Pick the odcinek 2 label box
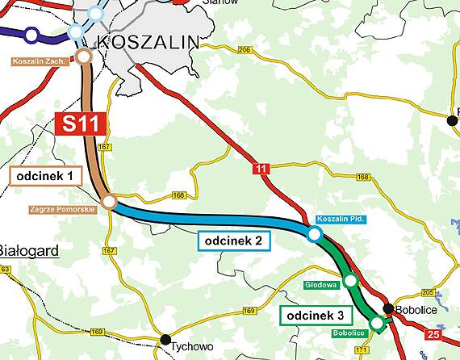[232, 241]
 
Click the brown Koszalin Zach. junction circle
[83, 57]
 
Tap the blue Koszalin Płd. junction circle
[314, 233]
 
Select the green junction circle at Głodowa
[350, 281]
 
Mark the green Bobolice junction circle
[376, 324]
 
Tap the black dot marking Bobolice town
[388, 308]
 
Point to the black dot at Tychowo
[165, 339]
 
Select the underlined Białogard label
[29, 251]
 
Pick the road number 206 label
[245, 50]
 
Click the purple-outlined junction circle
[31, 35]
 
